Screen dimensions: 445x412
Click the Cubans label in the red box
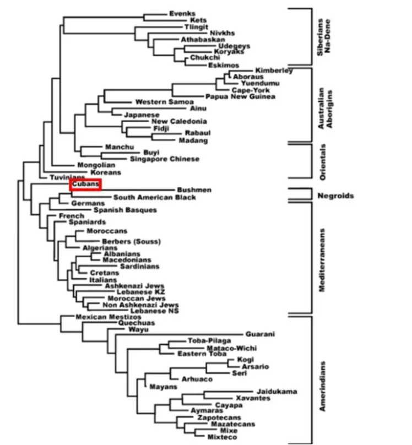85,185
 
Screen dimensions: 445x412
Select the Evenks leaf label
182,13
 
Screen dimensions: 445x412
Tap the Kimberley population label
274,70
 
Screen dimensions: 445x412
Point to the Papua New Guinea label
240,96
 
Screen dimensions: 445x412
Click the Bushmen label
194,190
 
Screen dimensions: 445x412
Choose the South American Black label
154,197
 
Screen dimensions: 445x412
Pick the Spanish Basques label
125,210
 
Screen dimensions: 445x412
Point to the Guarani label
260,334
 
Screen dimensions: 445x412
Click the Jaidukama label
277,392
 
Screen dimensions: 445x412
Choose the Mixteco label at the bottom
222,437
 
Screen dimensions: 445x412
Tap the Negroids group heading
335,196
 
